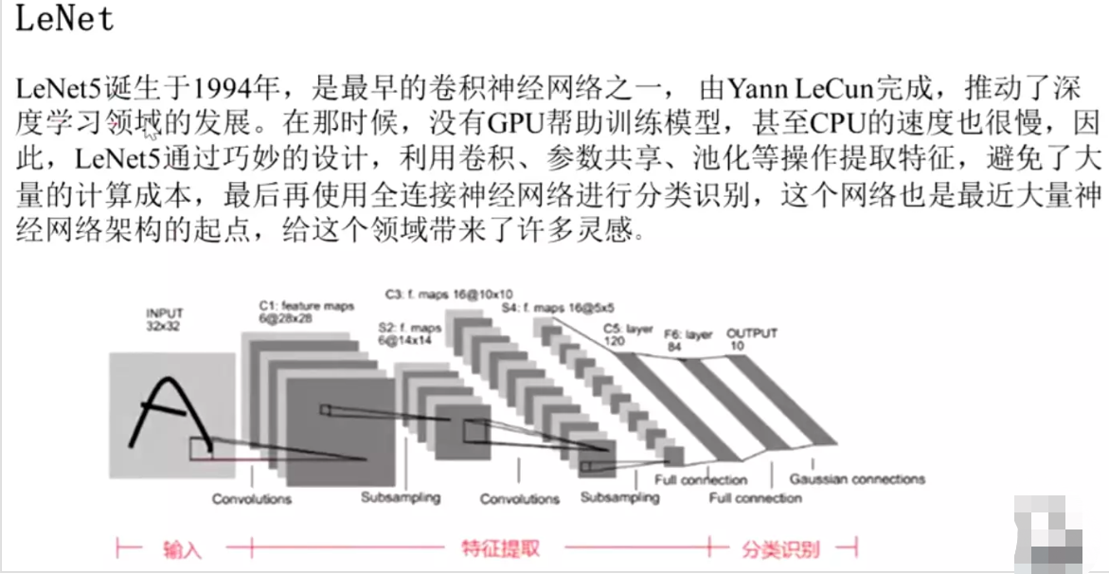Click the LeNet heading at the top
[x=64, y=20]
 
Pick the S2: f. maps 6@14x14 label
[x=402, y=333]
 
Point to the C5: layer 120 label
[x=629, y=333]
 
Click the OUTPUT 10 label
[x=751, y=339]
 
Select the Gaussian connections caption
[x=856, y=479]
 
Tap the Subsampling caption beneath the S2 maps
[x=401, y=497]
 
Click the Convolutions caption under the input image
[x=252, y=498]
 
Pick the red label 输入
[x=183, y=548]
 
